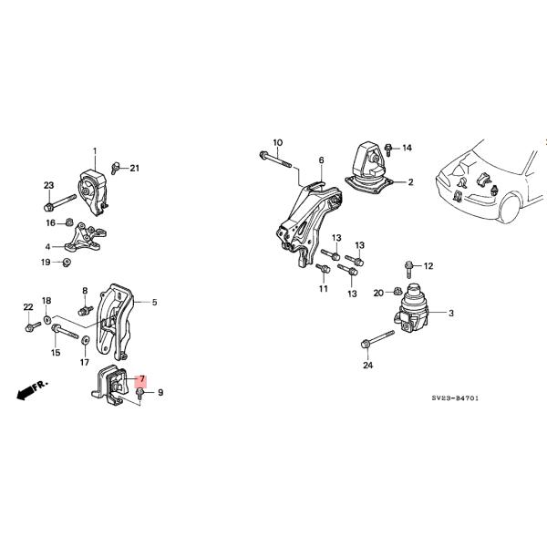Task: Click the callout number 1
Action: coord(95,151)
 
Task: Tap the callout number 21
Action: coord(134,168)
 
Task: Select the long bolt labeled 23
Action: coord(59,202)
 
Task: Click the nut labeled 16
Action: coord(69,222)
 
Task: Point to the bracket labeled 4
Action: coord(85,238)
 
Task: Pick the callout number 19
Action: coord(46,262)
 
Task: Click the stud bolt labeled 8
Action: coord(86,311)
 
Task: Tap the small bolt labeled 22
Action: coord(33,327)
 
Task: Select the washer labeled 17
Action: coord(85,339)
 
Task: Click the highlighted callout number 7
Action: coord(142,378)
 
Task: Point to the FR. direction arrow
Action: coord(32,390)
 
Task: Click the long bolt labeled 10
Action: coord(275,159)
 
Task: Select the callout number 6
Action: coord(321,160)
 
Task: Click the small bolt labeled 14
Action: coord(388,150)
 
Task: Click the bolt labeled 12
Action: coord(408,269)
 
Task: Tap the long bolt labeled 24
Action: coord(377,339)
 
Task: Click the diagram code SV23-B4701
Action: coord(455,398)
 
